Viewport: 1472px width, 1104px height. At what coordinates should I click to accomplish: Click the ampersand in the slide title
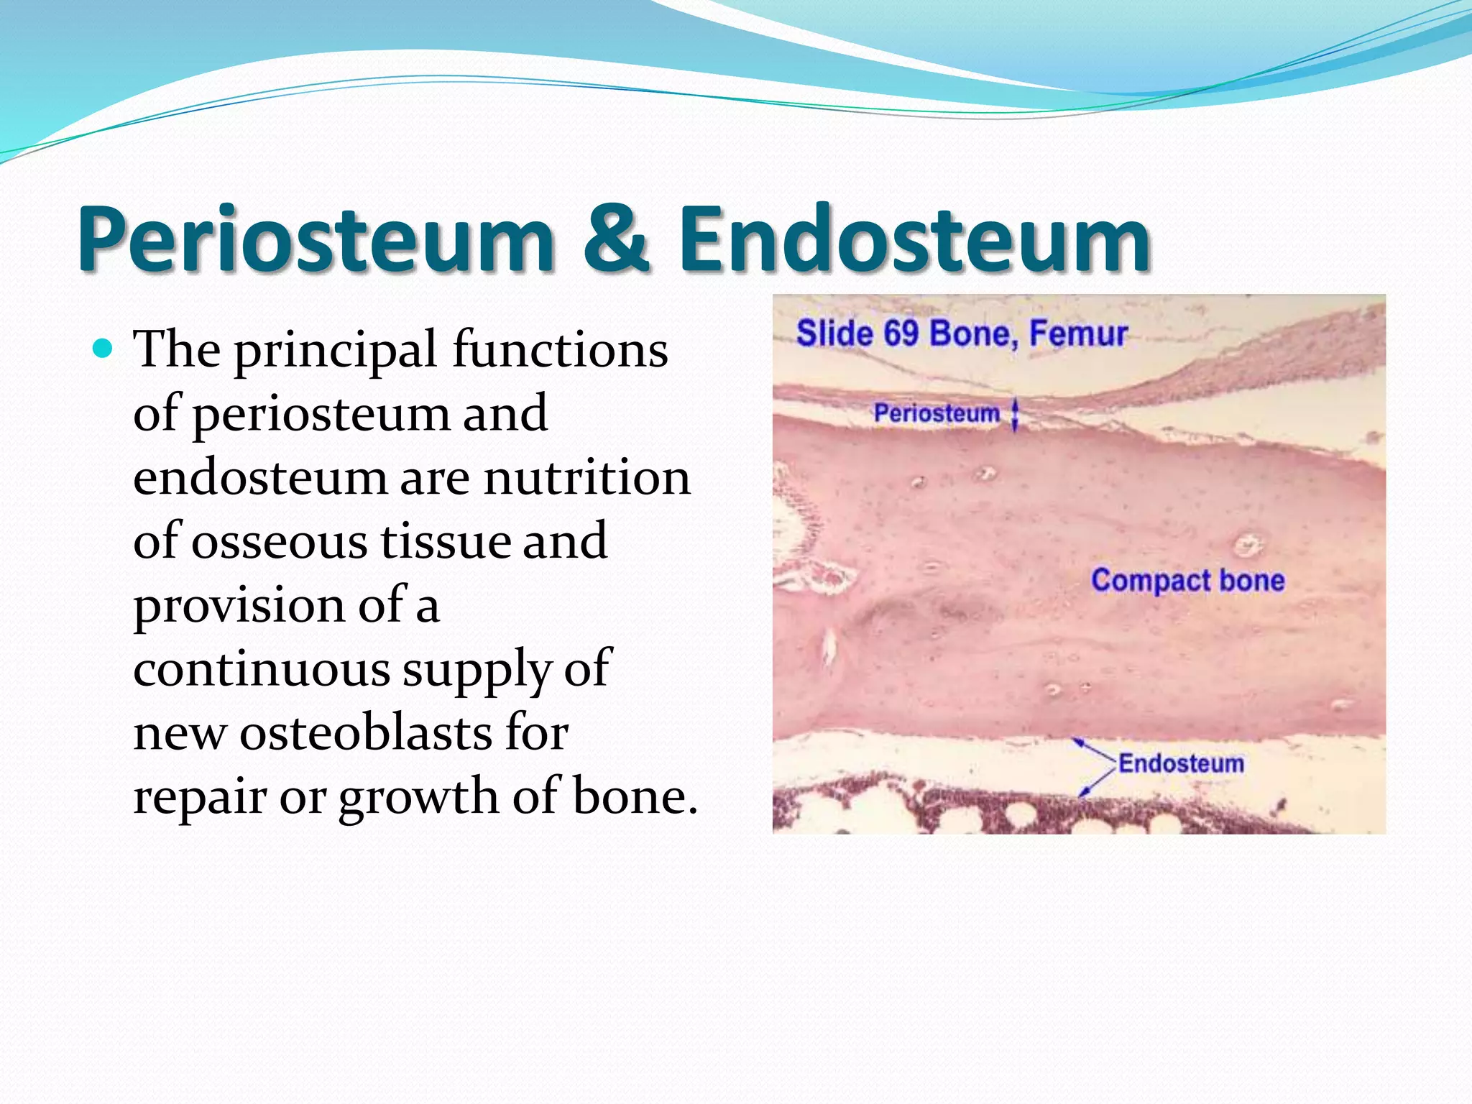(617, 239)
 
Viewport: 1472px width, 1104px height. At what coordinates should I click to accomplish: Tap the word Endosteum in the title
(914, 239)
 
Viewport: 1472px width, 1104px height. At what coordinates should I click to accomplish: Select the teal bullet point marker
(103, 349)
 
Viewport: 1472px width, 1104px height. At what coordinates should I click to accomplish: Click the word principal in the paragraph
(336, 351)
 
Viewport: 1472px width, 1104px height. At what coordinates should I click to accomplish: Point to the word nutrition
(586, 478)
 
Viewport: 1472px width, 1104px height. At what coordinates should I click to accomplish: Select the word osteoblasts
(366, 734)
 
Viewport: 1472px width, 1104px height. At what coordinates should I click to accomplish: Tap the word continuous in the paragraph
(262, 669)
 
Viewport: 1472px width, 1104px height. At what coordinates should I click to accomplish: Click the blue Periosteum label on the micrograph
(937, 413)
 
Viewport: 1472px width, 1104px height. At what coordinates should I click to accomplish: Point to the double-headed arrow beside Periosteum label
(1015, 415)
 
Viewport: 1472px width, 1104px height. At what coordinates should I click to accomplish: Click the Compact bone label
(1187, 580)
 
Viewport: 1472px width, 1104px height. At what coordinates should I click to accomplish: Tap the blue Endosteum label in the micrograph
(1181, 763)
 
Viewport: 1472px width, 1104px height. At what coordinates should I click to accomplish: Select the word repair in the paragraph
(199, 798)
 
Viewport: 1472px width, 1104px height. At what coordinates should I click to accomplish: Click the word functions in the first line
(560, 351)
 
